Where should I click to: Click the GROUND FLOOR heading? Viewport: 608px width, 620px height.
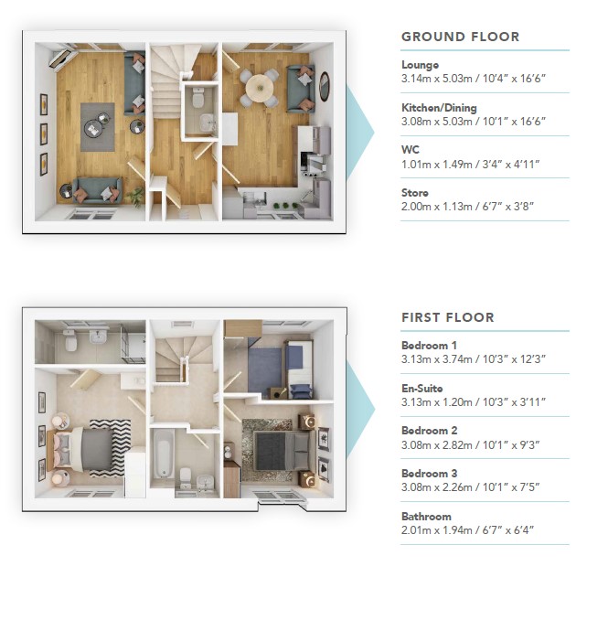460,37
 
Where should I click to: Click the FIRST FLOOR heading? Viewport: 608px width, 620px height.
448,317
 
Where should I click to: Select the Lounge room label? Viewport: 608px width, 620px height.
420,65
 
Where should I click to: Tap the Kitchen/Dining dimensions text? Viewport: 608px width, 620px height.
474,121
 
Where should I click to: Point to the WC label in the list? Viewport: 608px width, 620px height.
410,150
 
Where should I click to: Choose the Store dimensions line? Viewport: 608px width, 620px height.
467,207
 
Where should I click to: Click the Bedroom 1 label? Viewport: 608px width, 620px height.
429,346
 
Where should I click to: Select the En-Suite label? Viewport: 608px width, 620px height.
421,389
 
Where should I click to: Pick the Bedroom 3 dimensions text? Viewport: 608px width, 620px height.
470,487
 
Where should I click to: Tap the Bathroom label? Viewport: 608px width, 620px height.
426,517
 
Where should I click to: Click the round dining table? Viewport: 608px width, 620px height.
260,88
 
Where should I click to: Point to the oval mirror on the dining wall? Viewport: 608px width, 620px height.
325,87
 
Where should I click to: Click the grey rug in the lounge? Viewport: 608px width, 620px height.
98,127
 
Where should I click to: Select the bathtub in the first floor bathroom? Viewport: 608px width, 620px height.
164,454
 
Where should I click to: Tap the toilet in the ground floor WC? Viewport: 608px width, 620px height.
197,98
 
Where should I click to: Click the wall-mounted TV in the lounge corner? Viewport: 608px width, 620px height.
62,59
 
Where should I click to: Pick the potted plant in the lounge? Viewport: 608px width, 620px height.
135,197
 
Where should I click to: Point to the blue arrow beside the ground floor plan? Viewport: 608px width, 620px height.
360,132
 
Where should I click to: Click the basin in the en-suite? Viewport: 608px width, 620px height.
99,337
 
